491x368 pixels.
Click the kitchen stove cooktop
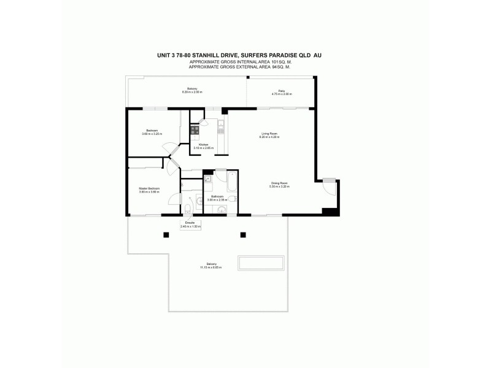pyautogui.click(x=195, y=130)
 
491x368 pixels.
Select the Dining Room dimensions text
pyautogui.click(x=279, y=186)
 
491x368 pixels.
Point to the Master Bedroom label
pyautogui.click(x=149, y=188)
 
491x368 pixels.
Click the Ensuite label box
pyautogui.click(x=190, y=225)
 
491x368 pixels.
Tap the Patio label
pyautogui.click(x=282, y=91)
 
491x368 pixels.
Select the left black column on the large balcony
pyautogui.click(x=165, y=234)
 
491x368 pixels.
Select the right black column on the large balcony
pyautogui.click(x=243, y=234)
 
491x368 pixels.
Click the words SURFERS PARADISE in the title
pyautogui.click(x=277, y=55)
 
